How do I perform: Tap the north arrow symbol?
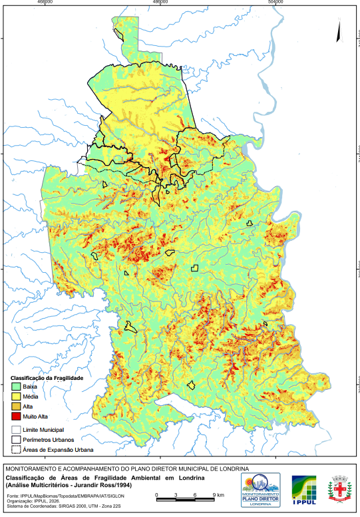point(339,30)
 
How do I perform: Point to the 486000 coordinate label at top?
point(160,3)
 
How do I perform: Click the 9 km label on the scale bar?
point(218,496)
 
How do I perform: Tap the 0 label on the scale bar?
point(156,496)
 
